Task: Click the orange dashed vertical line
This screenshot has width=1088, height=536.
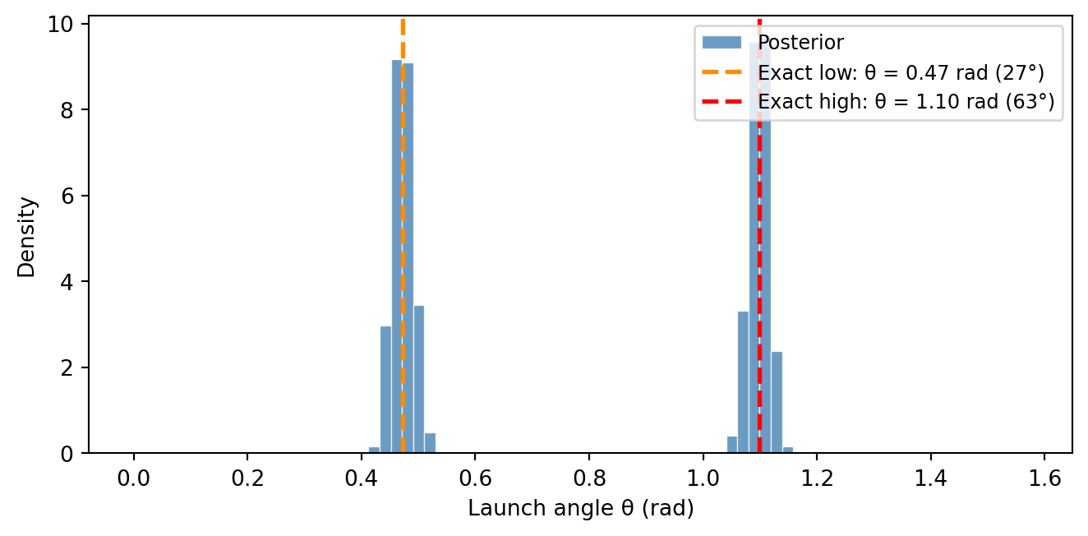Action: (x=403, y=247)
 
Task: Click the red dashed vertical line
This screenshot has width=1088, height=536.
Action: (x=759, y=247)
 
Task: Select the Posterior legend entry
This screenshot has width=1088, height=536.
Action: (x=800, y=42)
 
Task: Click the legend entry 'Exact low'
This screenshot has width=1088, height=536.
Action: (x=901, y=72)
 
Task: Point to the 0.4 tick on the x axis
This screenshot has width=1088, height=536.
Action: (x=362, y=478)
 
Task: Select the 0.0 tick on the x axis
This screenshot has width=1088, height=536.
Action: (x=133, y=478)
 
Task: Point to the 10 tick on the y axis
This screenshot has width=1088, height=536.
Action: (x=64, y=25)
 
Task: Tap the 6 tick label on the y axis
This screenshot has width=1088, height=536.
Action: (x=69, y=196)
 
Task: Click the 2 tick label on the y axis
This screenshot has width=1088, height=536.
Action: (x=69, y=367)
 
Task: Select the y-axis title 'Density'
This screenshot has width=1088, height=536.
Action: (x=27, y=236)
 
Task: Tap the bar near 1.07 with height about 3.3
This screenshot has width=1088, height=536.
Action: (x=743, y=382)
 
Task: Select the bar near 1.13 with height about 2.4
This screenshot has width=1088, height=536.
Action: (x=777, y=403)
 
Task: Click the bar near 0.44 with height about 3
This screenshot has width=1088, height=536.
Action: (x=385, y=390)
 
